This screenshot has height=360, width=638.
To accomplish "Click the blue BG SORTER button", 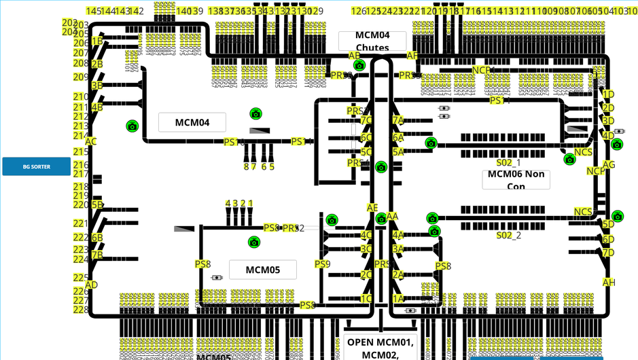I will pos(36,166).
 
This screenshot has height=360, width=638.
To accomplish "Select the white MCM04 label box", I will pos(192,122).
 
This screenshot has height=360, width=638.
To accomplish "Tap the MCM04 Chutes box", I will pos(372,41).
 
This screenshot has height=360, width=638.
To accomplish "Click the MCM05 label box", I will pos(262,270).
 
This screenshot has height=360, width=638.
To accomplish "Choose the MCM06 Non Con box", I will pos(516,179).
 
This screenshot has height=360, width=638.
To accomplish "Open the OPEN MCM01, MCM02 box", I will pos(379,347).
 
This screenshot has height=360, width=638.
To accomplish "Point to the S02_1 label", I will pos(508,163).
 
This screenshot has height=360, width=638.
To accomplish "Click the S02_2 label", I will pos(508,236).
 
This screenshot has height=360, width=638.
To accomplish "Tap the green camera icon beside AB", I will pos(359,66).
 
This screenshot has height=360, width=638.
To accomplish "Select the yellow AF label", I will pos(412,56).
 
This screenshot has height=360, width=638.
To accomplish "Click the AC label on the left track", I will pos(91,142).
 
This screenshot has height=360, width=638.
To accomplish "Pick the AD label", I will pos(91,285).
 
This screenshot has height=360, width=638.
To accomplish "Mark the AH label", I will pos(608,283).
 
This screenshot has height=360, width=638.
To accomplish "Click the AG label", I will pos(609,165).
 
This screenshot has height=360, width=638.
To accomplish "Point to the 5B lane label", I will pos(97,204).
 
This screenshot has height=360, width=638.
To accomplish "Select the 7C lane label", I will pos(366,121).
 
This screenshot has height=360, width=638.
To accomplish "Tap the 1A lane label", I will pos(398,298).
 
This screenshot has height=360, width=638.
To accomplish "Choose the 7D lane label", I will pos(608,253).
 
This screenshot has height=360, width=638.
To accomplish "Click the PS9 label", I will pos(322,264).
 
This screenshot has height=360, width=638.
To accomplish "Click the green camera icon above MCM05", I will pos(254,242).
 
